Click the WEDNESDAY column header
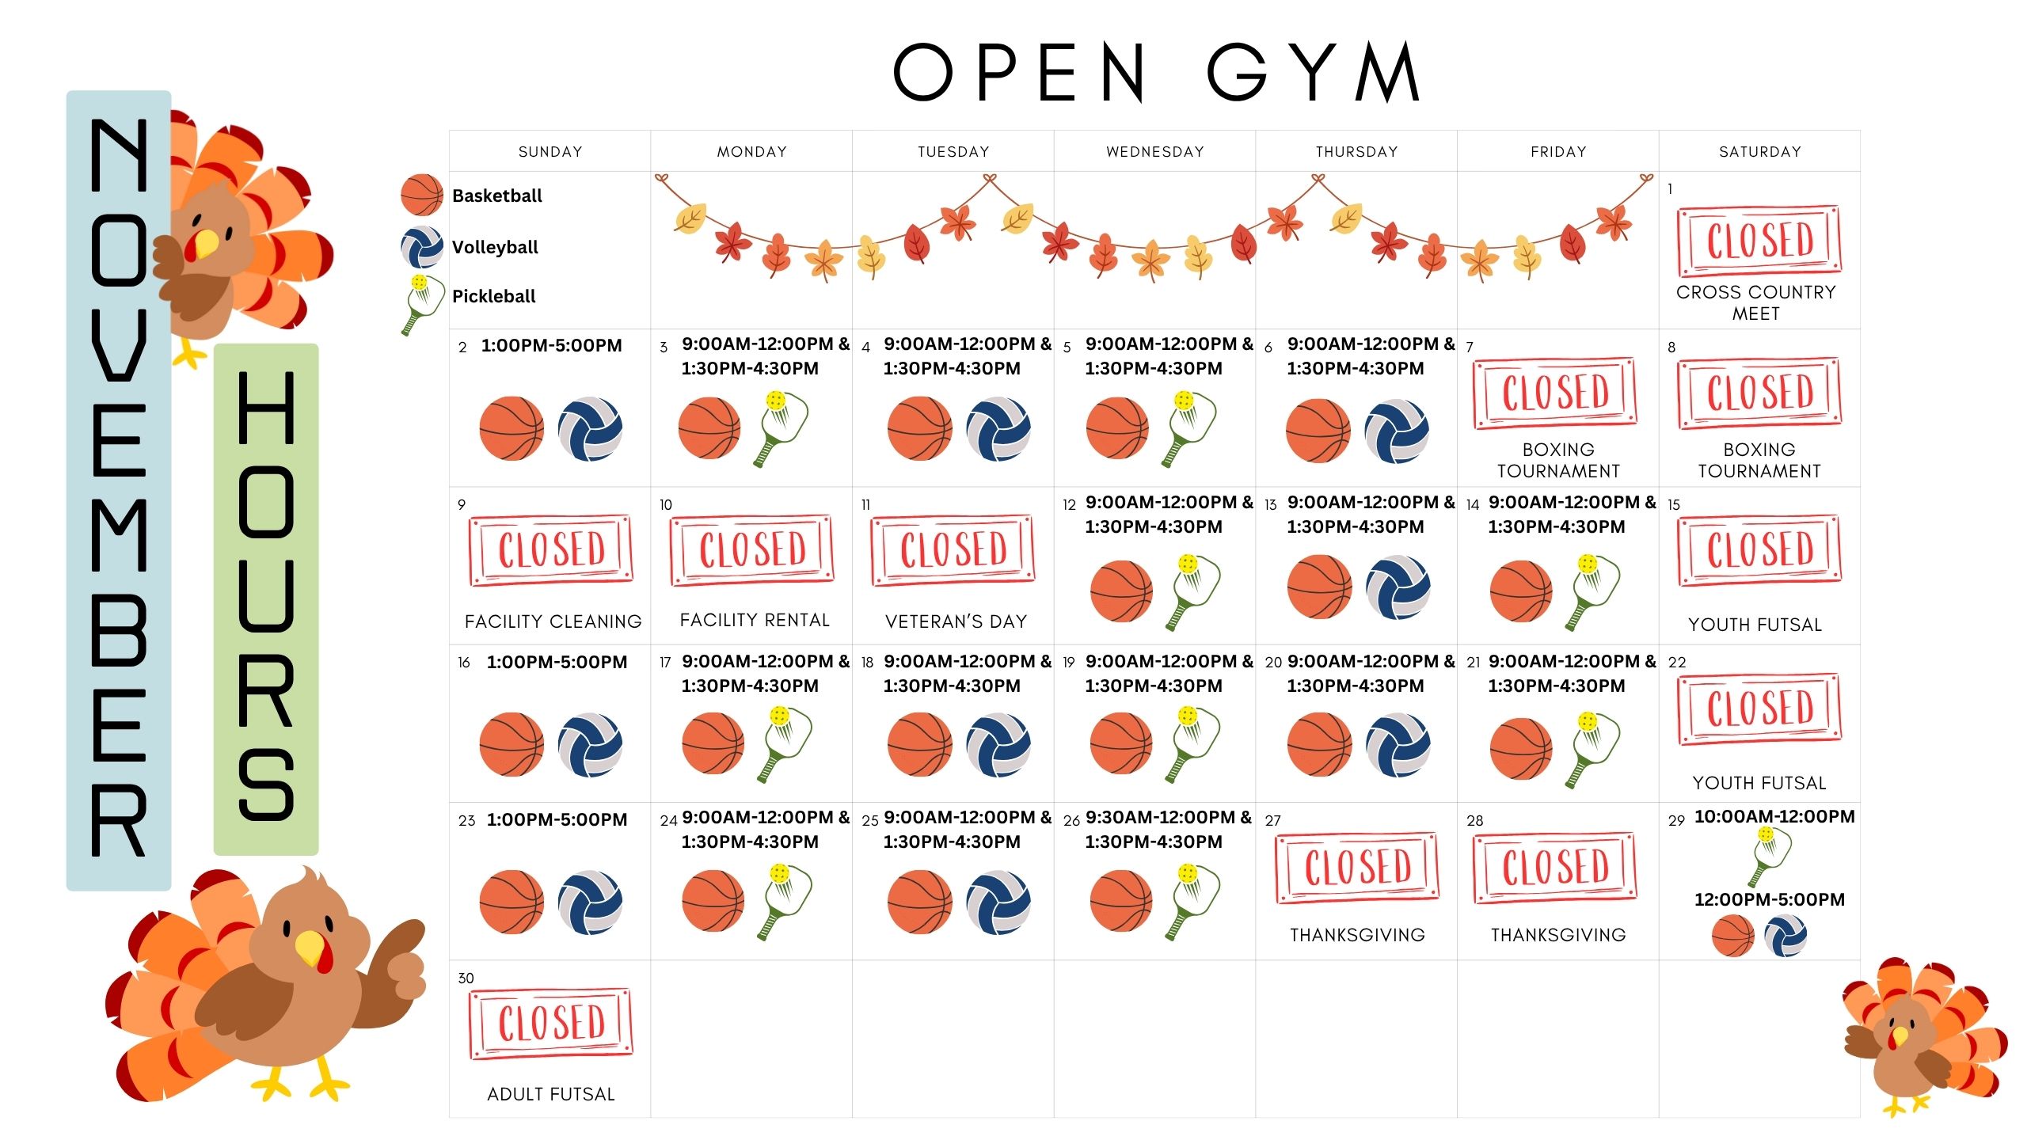[x=1154, y=151]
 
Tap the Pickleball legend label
[x=493, y=296]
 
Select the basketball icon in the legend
[x=421, y=196]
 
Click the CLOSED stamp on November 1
[x=1759, y=240]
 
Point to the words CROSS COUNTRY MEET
[x=1755, y=302]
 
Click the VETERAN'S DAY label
[x=956, y=621]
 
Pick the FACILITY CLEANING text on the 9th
[x=553, y=621]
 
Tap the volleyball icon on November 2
[x=590, y=429]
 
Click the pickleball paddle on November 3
[x=782, y=427]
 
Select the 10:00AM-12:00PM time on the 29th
[x=1774, y=816]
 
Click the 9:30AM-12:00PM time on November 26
[x=1168, y=817]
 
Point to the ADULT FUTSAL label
[x=551, y=1094]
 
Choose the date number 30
[x=466, y=978]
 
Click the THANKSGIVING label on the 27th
[x=1357, y=935]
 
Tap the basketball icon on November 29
[x=1732, y=936]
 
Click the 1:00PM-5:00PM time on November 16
[x=557, y=662]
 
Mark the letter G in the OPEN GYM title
[x=1237, y=72]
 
